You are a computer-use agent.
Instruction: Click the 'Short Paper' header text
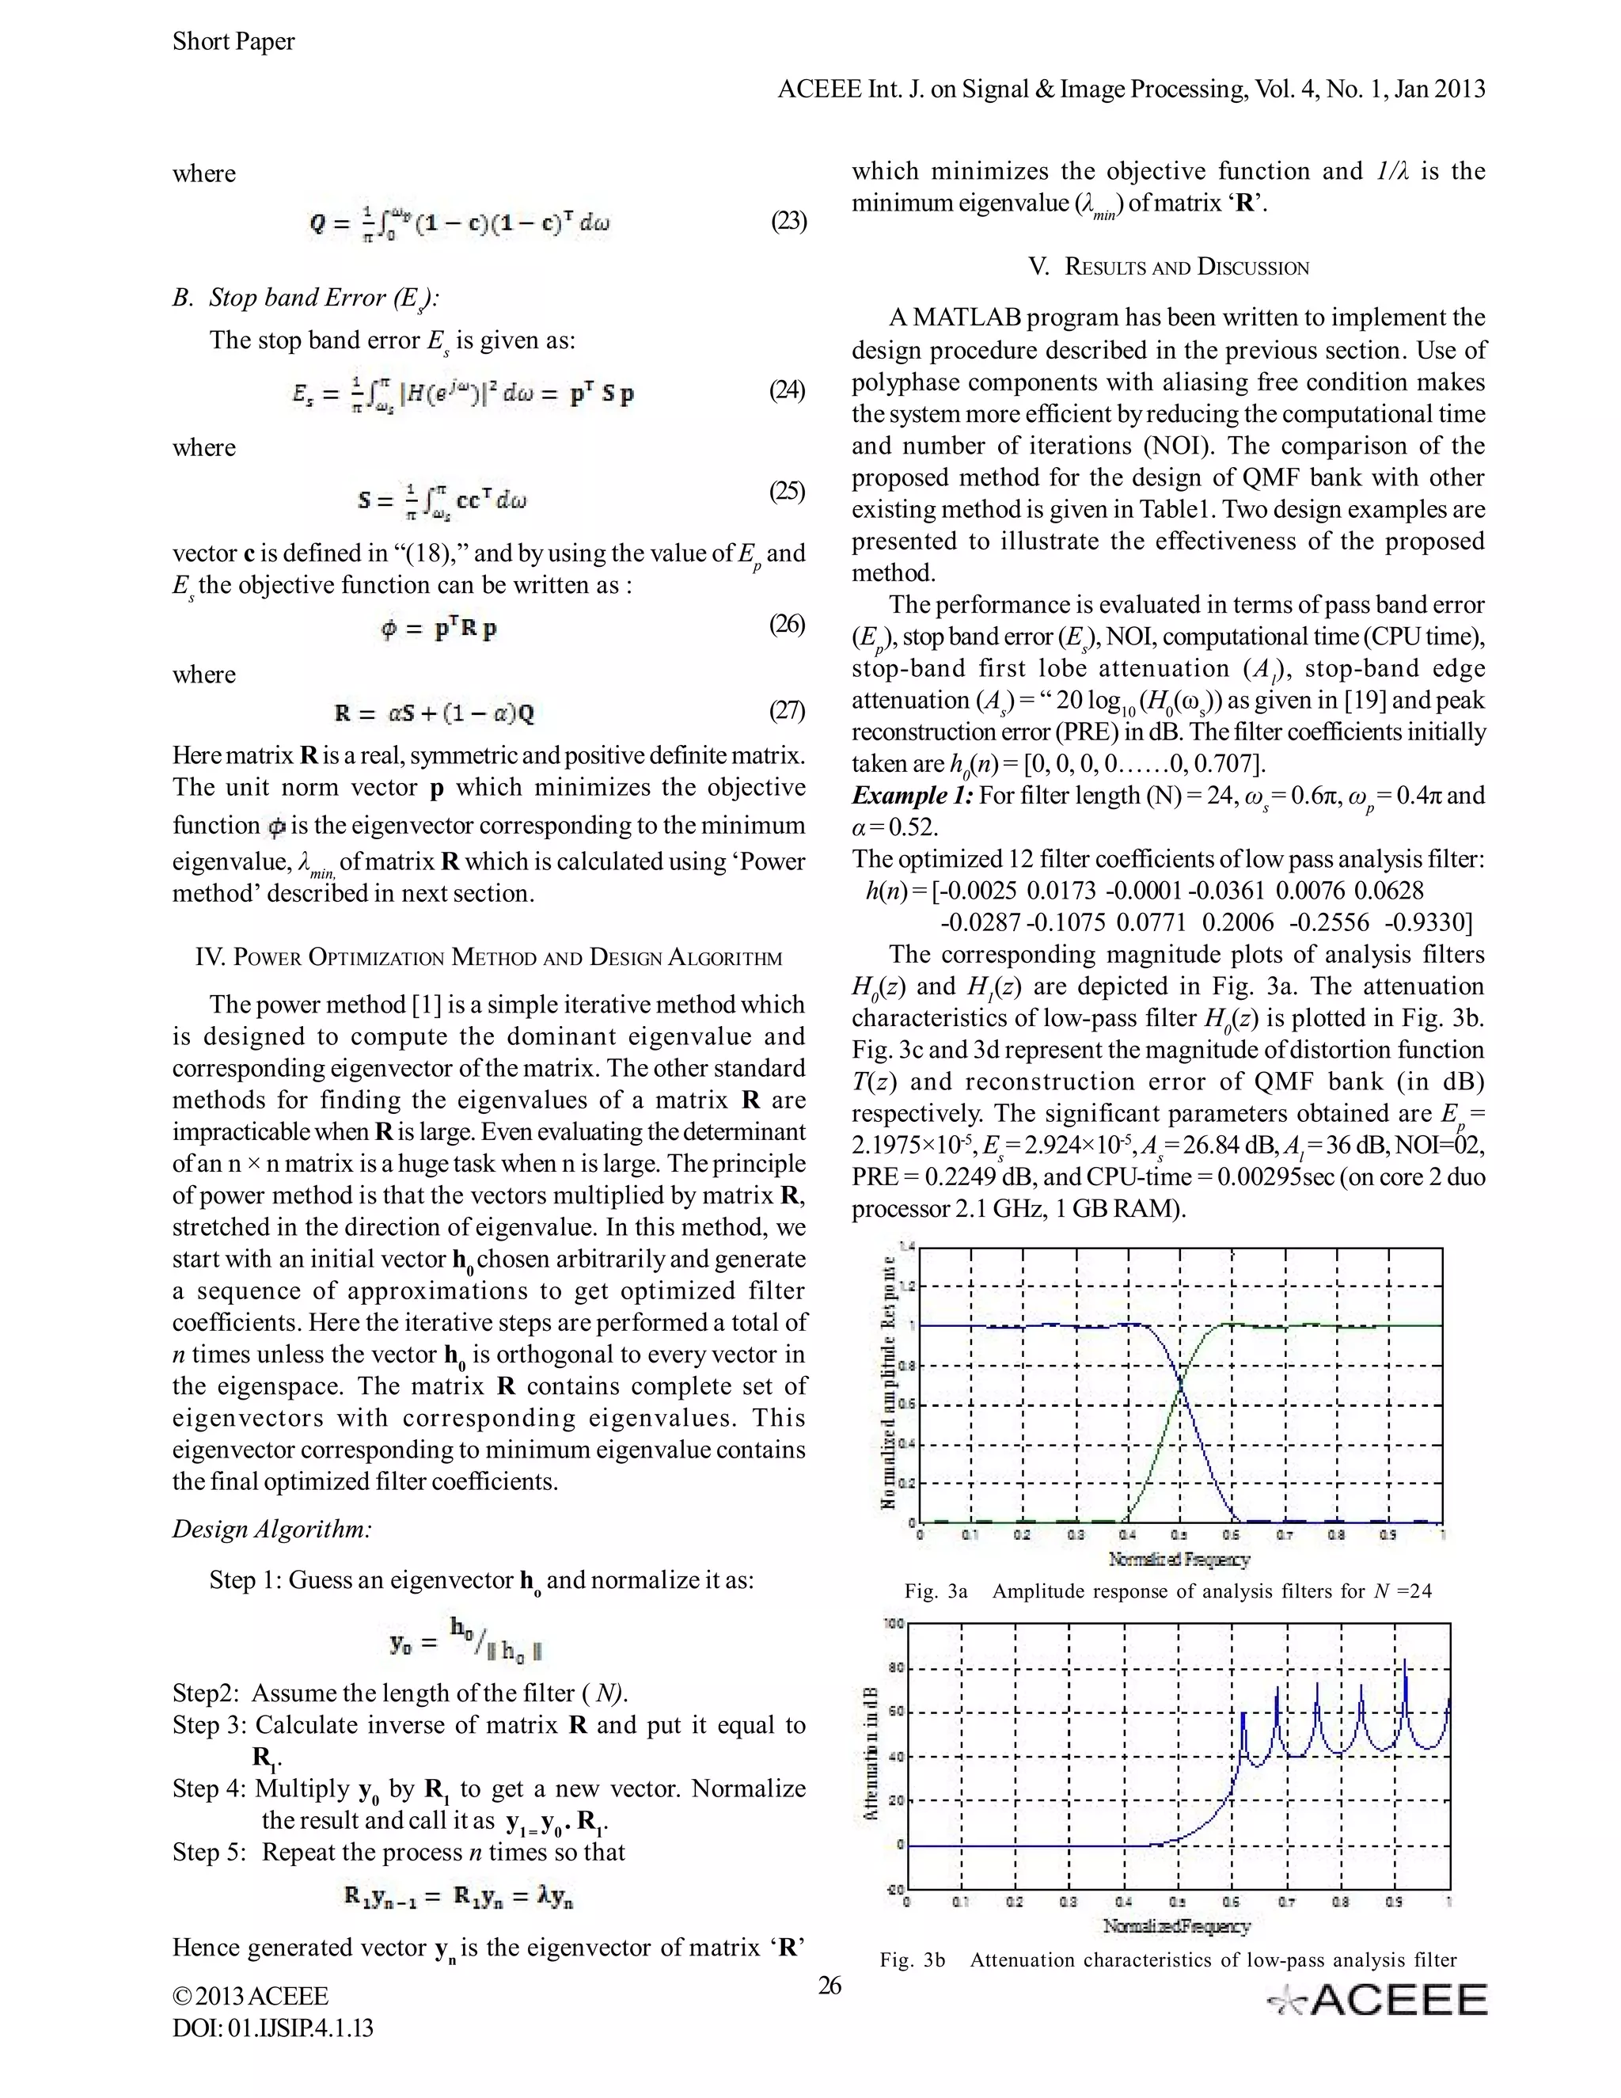pyautogui.click(x=233, y=41)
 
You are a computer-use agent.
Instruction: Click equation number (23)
pyautogui.click(x=788, y=222)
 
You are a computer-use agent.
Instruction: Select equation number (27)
pyautogui.click(x=787, y=711)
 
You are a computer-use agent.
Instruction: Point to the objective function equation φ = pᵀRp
pyautogui.click(x=438, y=629)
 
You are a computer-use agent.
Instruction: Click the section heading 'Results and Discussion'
pyautogui.click(x=1167, y=267)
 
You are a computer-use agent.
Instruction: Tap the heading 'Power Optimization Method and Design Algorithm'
pyautogui.click(x=489, y=957)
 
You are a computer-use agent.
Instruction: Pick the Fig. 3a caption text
pyautogui.click(x=1167, y=1591)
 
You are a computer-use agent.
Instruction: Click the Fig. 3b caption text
pyautogui.click(x=1167, y=1959)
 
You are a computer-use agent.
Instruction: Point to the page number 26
pyautogui.click(x=829, y=1985)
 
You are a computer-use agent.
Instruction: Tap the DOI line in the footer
pyautogui.click(x=273, y=2028)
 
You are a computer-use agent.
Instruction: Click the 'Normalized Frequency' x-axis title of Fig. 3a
pyautogui.click(x=1179, y=1558)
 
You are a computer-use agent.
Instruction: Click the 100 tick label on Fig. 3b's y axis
pyautogui.click(x=893, y=1625)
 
